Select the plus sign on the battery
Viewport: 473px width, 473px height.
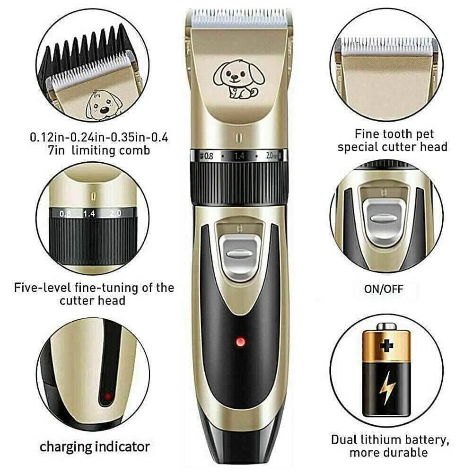coord(386,345)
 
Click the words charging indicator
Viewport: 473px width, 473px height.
coord(95,446)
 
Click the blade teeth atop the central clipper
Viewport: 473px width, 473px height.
coord(239,18)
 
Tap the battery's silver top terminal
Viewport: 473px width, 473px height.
coord(386,326)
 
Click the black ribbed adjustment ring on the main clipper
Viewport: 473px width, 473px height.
coord(239,182)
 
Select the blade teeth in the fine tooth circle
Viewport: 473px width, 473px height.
coord(386,46)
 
